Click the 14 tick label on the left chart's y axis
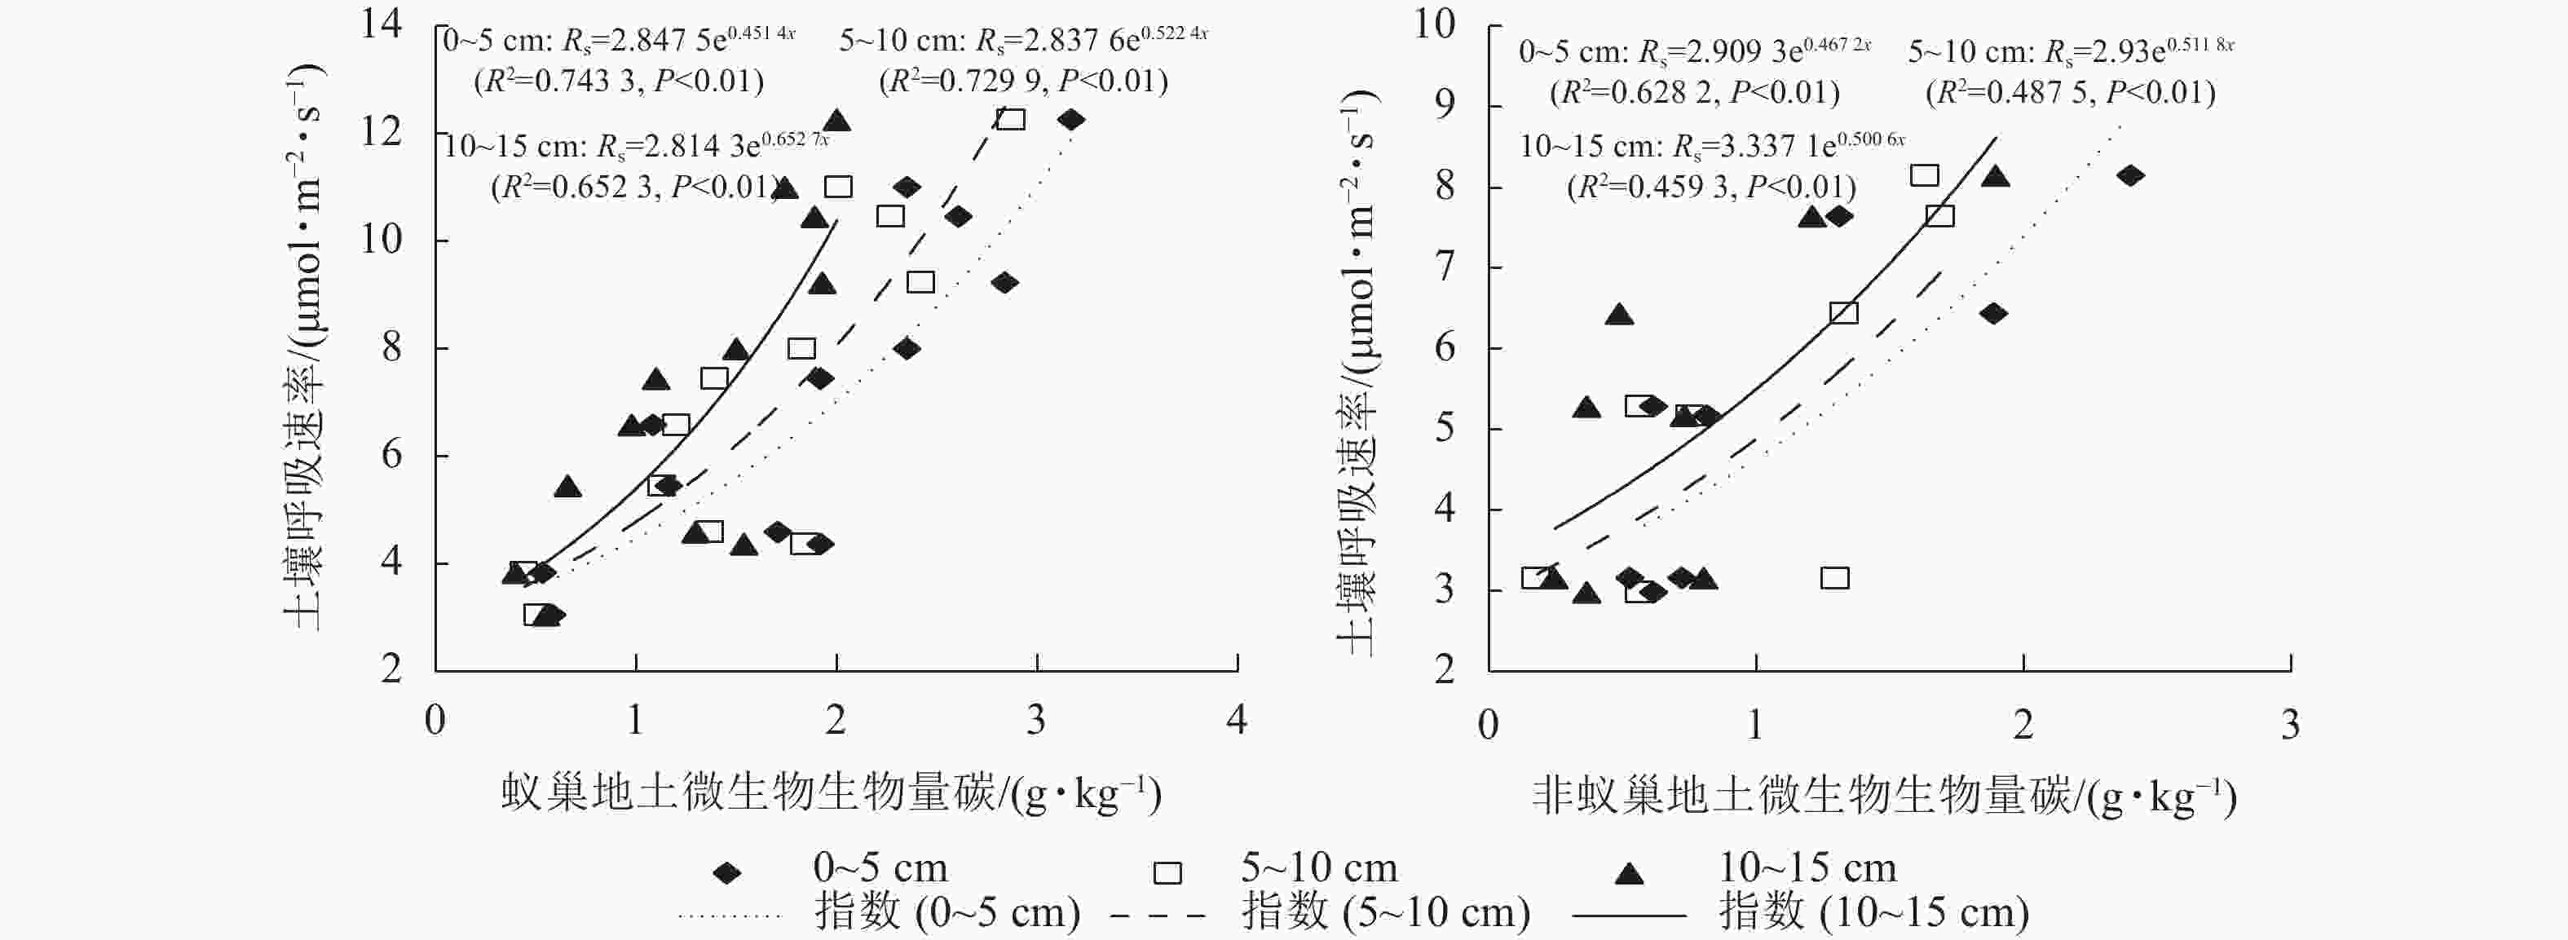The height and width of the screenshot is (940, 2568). click(381, 24)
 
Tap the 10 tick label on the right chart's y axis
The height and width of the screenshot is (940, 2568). click(1435, 24)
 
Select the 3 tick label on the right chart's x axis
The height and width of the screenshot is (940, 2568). click(2290, 725)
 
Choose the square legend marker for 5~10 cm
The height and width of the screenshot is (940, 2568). click(1167, 873)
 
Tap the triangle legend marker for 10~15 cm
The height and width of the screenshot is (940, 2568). click(1628, 873)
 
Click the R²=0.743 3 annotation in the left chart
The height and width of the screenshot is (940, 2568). click(619, 82)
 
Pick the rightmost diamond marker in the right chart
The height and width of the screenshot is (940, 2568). click(2130, 175)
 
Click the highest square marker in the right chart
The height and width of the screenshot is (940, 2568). click(1924, 175)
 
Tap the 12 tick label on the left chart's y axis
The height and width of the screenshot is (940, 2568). click(381, 131)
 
